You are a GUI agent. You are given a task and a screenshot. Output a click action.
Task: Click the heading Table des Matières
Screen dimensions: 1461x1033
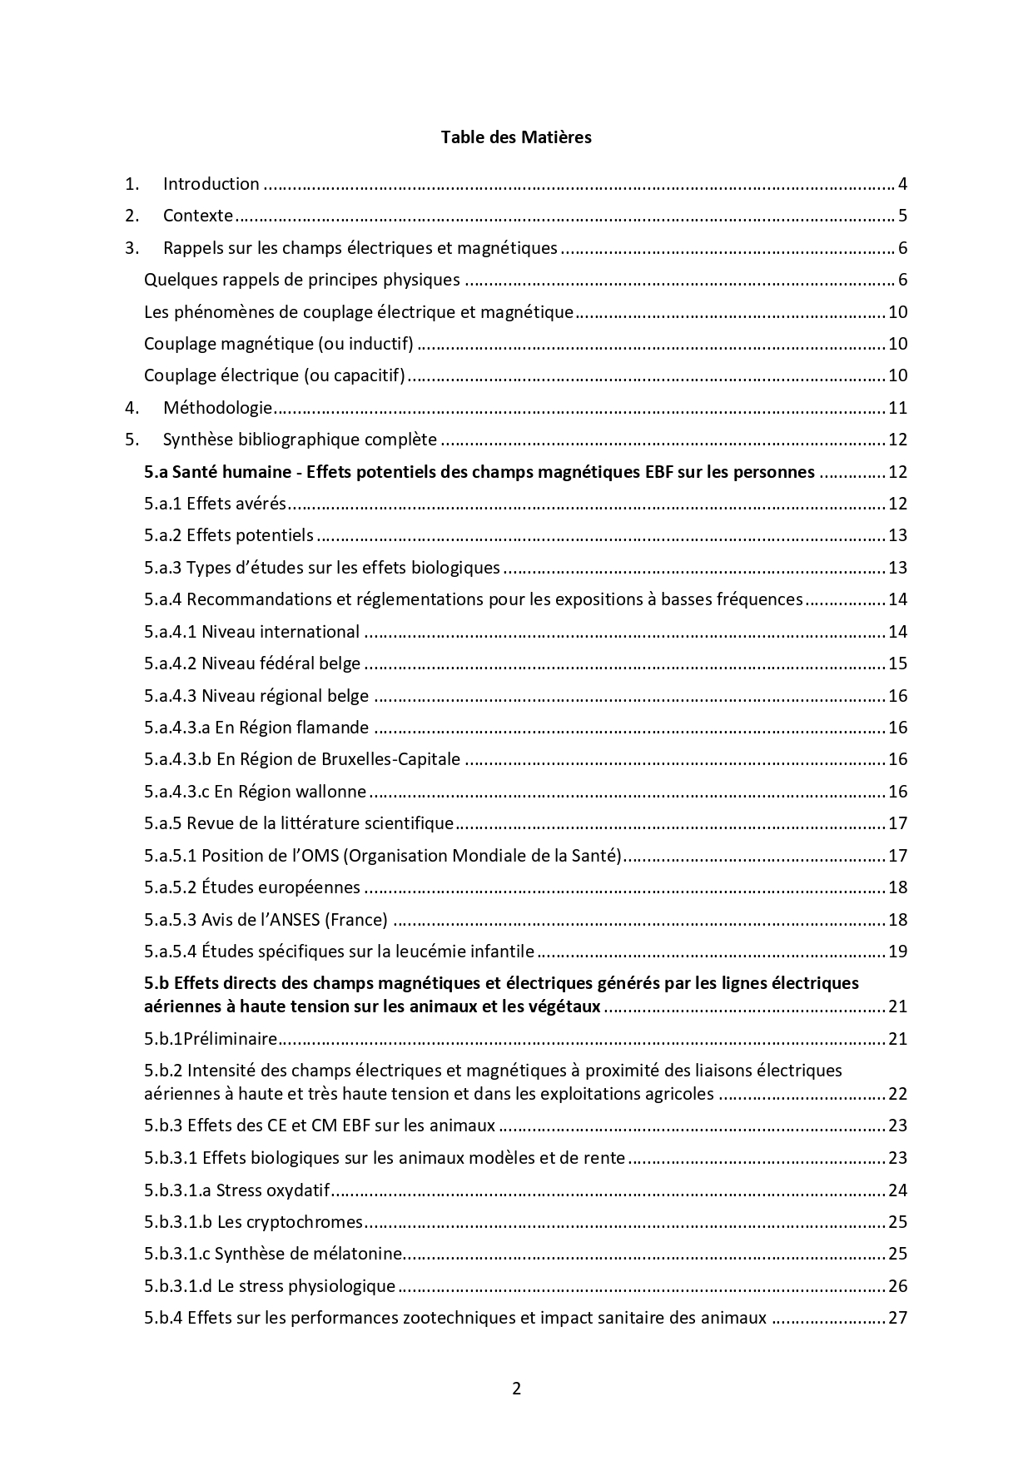point(516,137)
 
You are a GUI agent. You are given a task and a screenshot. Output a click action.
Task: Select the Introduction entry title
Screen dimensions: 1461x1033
point(211,184)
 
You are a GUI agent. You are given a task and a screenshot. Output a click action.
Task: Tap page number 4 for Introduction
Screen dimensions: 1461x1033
point(902,184)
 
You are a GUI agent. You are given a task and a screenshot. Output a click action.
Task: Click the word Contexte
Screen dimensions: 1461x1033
point(198,216)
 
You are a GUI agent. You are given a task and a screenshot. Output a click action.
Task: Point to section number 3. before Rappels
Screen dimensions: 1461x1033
point(132,248)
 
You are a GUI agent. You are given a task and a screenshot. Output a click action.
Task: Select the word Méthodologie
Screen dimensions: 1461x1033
point(217,408)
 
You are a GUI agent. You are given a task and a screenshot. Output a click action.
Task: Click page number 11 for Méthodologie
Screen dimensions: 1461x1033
point(897,408)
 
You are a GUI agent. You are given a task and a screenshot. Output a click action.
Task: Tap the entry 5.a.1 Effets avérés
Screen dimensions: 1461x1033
point(215,504)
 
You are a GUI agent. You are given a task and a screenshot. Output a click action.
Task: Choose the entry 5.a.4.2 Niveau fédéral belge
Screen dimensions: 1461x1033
point(252,663)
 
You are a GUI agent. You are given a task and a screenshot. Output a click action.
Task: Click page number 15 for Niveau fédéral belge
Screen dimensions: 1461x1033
point(897,663)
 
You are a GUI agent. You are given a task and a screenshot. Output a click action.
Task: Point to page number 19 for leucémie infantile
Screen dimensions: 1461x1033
point(897,952)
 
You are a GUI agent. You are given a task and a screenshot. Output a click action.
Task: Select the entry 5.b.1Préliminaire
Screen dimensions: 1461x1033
point(210,1039)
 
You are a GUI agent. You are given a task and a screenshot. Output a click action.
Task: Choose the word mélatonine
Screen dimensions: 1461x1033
point(361,1254)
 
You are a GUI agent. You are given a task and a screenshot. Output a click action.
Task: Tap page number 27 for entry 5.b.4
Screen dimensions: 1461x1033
point(897,1318)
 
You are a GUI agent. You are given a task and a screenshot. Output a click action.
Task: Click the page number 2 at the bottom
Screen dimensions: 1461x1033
point(516,1388)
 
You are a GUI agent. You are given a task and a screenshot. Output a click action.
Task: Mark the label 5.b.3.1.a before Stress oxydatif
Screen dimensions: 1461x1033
point(177,1190)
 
